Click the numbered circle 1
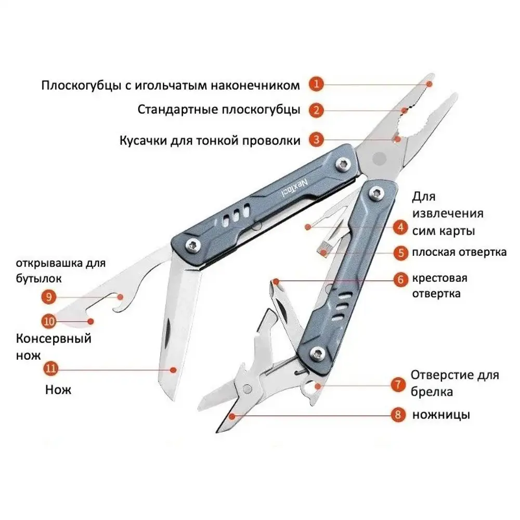tap(316, 84)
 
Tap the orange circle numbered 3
tap(316, 139)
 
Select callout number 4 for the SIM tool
tap(400, 228)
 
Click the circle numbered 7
tap(398, 385)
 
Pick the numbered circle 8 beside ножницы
tap(398, 414)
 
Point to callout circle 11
tap(51, 369)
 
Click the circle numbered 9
tap(49, 296)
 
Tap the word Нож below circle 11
tap(58, 389)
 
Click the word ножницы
tap(441, 415)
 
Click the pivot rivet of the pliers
tap(380, 159)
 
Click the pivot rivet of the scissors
tap(246, 388)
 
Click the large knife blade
tap(179, 328)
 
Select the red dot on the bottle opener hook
tap(121, 297)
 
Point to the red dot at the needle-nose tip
tap(429, 84)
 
